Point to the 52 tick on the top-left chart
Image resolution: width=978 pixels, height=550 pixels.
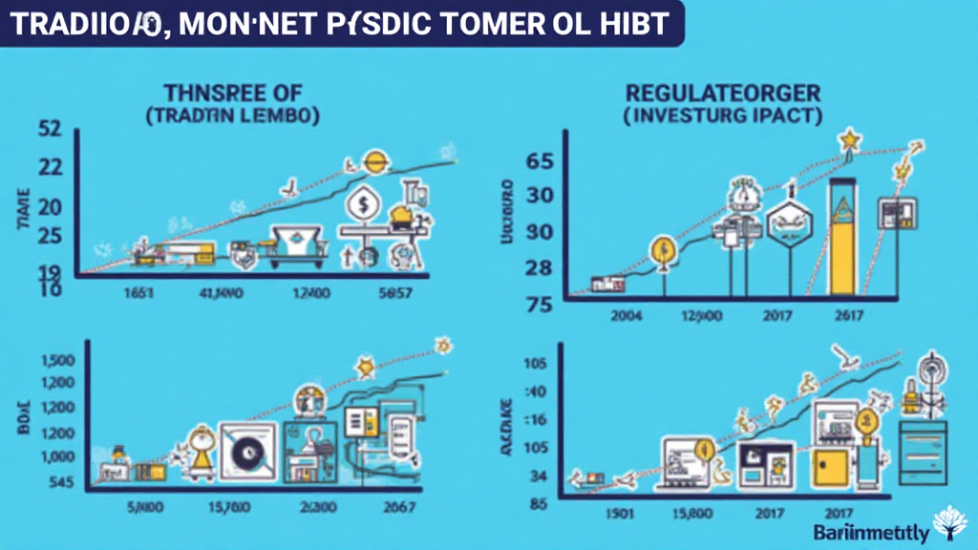pyautogui.click(x=49, y=128)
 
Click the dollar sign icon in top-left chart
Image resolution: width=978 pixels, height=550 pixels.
pyautogui.click(x=364, y=203)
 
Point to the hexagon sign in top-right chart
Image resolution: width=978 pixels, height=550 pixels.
pyautogui.click(x=789, y=224)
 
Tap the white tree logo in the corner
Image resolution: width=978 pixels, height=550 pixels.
pyautogui.click(x=952, y=524)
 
